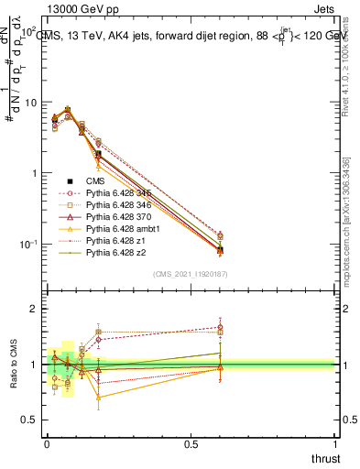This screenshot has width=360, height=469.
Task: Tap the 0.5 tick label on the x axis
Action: pos(191,443)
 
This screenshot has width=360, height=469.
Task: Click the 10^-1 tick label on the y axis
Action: pos(25,244)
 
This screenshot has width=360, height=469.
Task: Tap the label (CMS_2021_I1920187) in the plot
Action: pos(191,274)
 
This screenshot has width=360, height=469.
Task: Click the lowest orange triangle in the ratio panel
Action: pos(98,397)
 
